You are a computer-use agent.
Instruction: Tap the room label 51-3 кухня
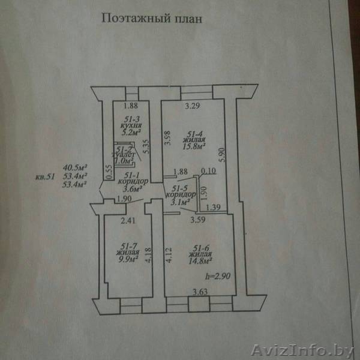point(131,123)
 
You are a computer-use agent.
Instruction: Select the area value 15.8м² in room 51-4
point(196,145)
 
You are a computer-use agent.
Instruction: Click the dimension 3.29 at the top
point(191,107)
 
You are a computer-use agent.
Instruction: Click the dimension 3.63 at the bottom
point(200,292)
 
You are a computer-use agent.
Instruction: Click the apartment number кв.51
point(45,176)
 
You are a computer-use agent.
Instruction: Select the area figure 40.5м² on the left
point(76,168)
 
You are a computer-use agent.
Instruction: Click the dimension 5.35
point(146,148)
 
